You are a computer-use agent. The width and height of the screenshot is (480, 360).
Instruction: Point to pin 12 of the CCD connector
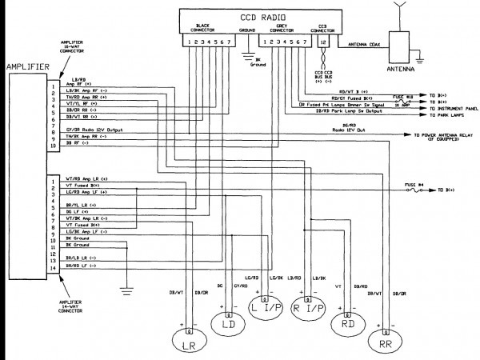click(x=322, y=41)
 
